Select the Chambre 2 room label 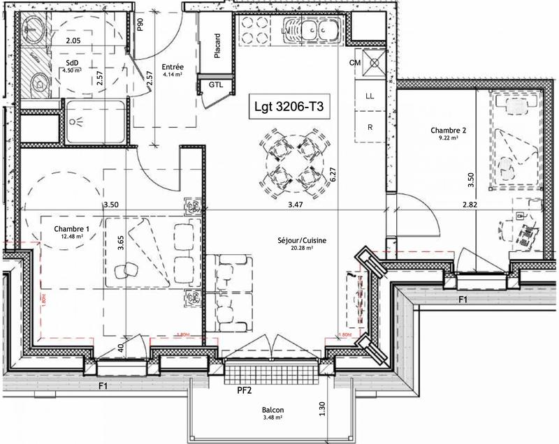click(448, 130)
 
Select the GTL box click(217, 85)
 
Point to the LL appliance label click(370, 97)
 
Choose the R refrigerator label click(370, 126)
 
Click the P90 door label click(140, 25)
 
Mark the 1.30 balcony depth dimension click(322, 408)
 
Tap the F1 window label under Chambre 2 click(462, 299)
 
